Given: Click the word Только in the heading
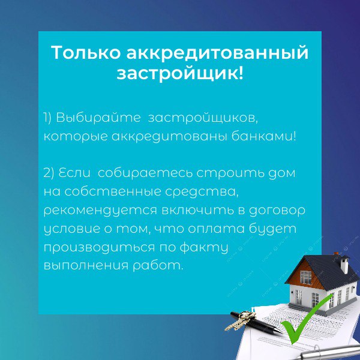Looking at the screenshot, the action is [86, 53].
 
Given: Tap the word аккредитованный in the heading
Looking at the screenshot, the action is [217, 53].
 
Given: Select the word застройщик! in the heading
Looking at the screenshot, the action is [180, 74].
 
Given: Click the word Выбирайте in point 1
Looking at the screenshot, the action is [98, 118].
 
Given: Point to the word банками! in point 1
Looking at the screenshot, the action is [263, 136].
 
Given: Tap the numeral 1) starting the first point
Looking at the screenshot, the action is [48, 118].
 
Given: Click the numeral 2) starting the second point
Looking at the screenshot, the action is [49, 173].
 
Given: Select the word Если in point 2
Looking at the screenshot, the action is [74, 173].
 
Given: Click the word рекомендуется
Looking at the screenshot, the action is [100, 211].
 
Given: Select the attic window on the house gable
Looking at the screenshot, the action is [305, 277].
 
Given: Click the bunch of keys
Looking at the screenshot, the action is [241, 320].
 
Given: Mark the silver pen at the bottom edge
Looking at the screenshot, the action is [331, 352].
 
